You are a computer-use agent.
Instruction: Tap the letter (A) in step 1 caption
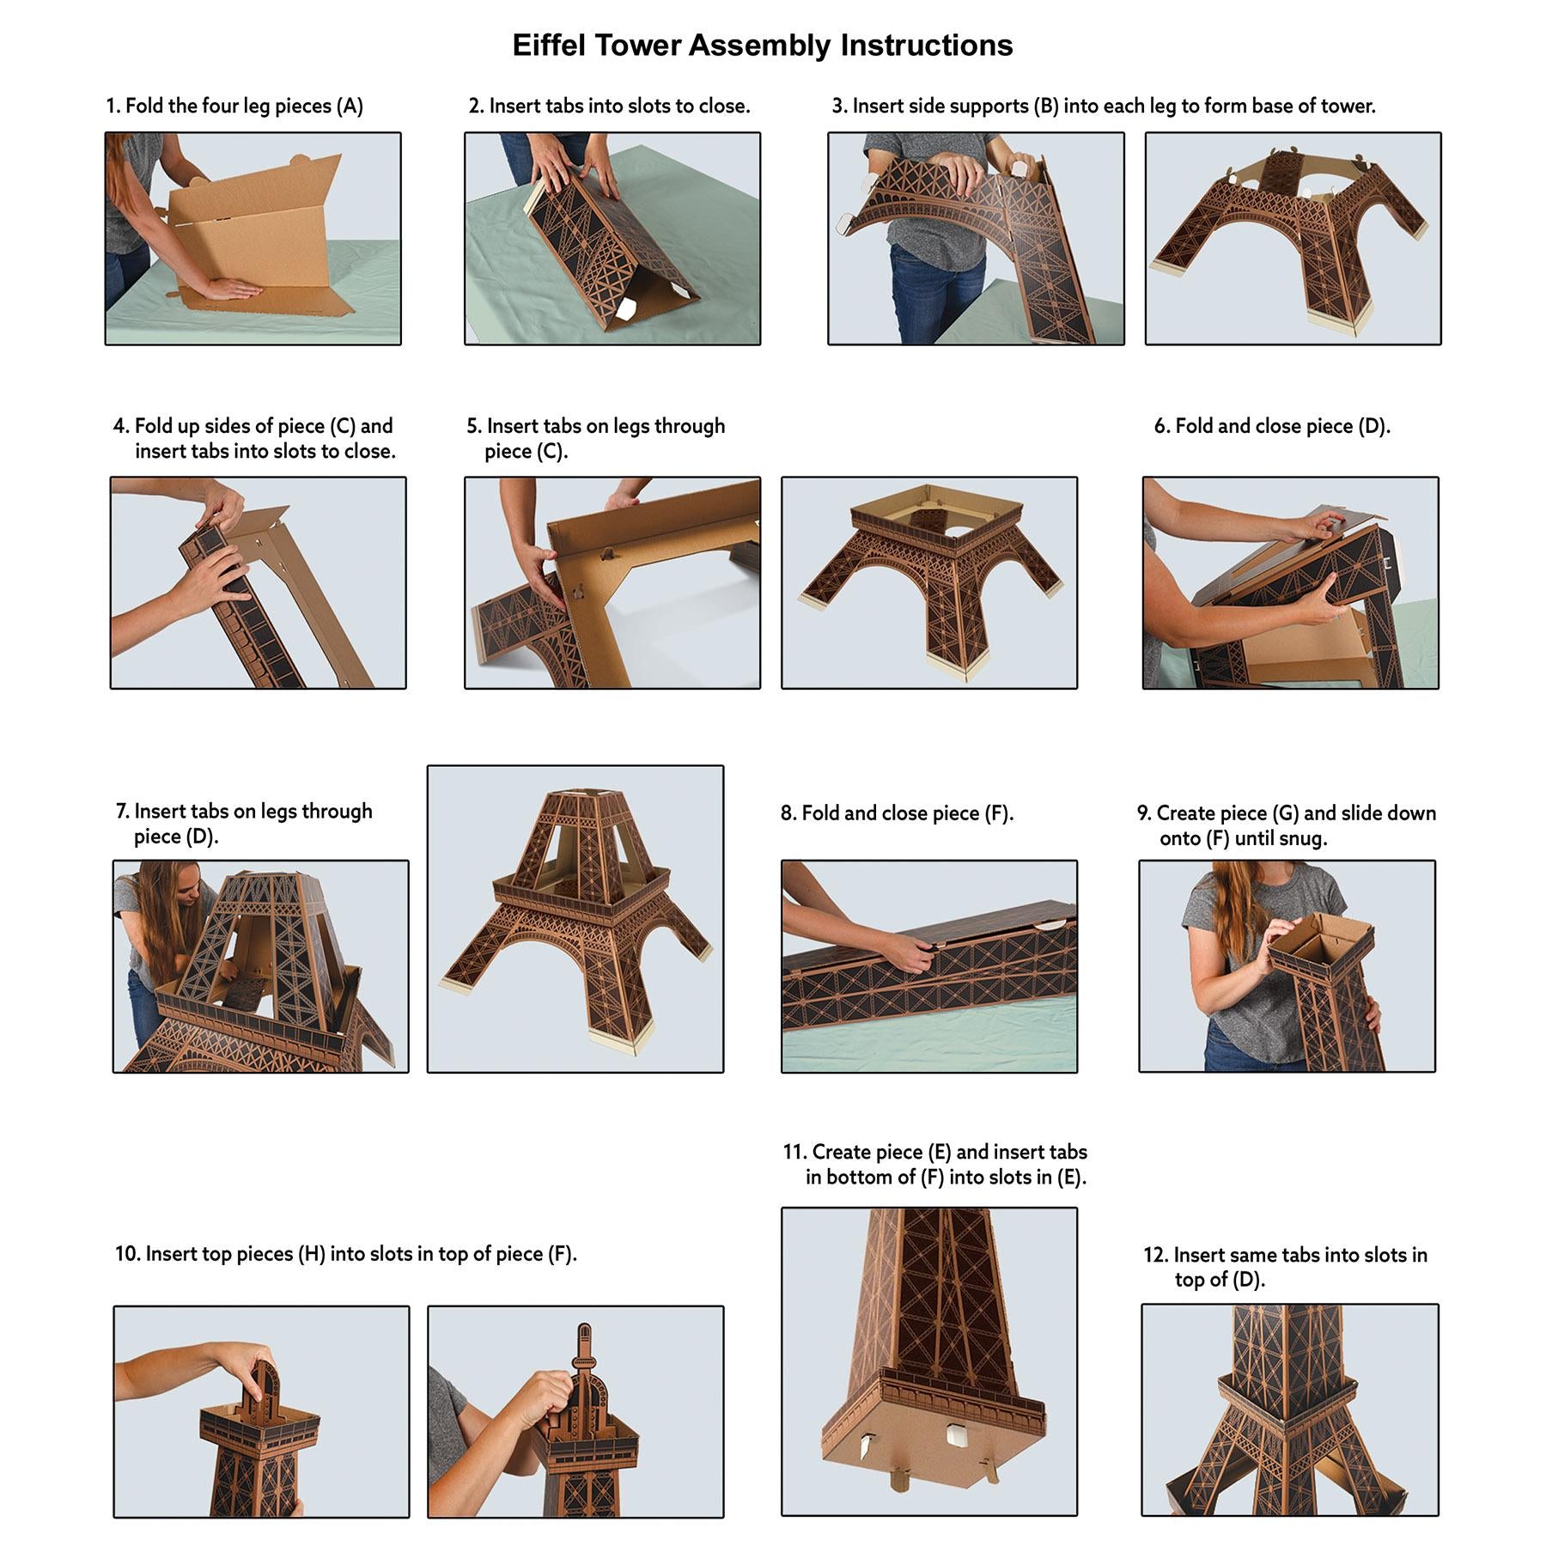click(x=350, y=107)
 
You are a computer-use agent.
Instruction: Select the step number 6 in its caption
click(x=1160, y=427)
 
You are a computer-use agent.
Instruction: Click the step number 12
click(x=1154, y=1256)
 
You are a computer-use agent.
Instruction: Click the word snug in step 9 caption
click(x=1304, y=839)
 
